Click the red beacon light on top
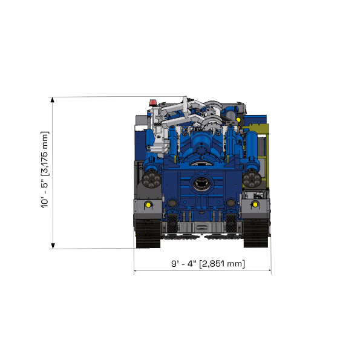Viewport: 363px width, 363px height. coord(152,100)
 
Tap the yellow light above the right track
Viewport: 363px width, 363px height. coord(255,205)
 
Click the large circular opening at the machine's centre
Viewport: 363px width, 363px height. coord(200,183)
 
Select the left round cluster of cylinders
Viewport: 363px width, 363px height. coord(151,178)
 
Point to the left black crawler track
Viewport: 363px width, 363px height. coord(147,233)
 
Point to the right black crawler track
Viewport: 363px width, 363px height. coord(256,233)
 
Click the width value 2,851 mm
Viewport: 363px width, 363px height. coord(222,264)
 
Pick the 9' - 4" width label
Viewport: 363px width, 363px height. coord(183,264)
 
